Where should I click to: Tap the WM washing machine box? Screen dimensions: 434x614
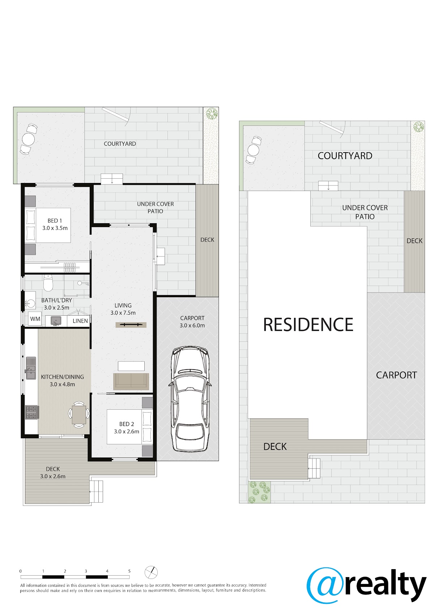35,319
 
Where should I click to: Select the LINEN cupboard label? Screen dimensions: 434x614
80,321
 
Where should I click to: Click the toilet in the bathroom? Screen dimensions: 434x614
48,283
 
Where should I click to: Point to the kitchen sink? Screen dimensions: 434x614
31,368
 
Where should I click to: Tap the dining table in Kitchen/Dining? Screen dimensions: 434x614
79,414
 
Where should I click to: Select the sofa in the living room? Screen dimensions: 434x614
131,381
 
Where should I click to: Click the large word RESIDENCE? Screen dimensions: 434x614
308,325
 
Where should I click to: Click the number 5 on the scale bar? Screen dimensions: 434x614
129,571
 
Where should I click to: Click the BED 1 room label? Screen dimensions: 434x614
55,221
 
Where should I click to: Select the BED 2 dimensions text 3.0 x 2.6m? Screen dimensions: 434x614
127,431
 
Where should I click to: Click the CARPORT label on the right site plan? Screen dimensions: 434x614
396,375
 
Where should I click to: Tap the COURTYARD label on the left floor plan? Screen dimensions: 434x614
120,144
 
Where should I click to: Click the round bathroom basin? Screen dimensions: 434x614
30,304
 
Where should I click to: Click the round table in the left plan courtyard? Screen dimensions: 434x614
29,139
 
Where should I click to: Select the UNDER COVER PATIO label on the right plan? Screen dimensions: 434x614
365,212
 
